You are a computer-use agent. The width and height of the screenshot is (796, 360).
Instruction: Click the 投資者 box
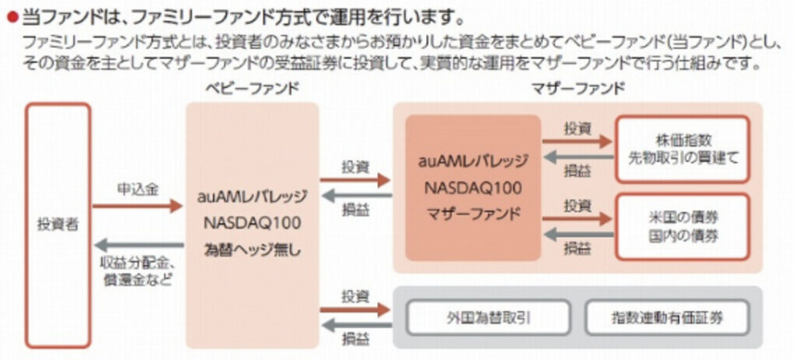(x=58, y=225)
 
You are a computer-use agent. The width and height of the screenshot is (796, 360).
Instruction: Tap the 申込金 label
(x=138, y=188)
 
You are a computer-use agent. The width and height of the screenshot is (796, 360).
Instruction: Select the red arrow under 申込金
(x=138, y=207)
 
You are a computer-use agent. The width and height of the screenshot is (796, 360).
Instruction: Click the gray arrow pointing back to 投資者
(x=138, y=246)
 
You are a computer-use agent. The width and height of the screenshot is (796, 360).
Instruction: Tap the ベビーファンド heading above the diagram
(x=251, y=88)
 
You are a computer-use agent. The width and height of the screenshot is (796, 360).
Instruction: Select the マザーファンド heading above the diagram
(x=577, y=88)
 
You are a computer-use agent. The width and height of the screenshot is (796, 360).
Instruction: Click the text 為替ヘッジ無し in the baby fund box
(x=252, y=250)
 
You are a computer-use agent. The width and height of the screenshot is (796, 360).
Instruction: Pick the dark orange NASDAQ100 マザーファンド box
(x=473, y=187)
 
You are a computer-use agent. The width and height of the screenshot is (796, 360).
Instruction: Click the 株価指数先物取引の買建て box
(x=683, y=149)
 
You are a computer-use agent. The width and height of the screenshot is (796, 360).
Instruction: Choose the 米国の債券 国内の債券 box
(x=683, y=226)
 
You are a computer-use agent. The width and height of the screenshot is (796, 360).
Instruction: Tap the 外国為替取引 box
(x=490, y=316)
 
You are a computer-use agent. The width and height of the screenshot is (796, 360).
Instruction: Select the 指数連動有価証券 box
(x=667, y=316)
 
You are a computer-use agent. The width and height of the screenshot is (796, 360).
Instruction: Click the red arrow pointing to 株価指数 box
(x=577, y=142)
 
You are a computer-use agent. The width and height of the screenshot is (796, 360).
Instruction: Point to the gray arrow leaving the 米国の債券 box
(x=577, y=234)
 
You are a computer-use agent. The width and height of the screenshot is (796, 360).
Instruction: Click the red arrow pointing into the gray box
(x=355, y=309)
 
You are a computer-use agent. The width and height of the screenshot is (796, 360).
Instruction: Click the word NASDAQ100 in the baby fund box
(x=252, y=223)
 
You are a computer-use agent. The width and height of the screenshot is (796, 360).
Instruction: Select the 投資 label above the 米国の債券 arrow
(x=577, y=205)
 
